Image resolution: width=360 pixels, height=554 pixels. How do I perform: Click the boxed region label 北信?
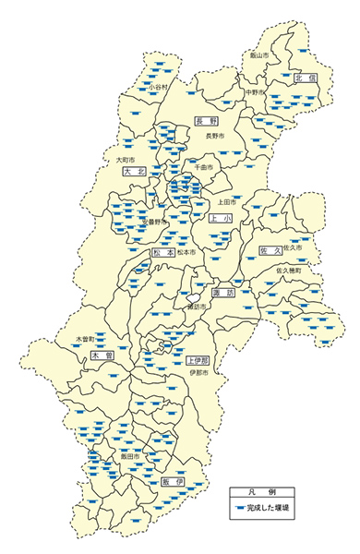306,79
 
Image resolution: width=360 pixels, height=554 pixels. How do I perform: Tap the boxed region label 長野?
206,120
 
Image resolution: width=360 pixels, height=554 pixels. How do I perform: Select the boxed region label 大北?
134,171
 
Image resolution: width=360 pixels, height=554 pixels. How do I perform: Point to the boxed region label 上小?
220,219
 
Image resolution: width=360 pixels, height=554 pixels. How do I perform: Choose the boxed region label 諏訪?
223,293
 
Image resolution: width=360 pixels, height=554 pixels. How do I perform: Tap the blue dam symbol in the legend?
239,508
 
